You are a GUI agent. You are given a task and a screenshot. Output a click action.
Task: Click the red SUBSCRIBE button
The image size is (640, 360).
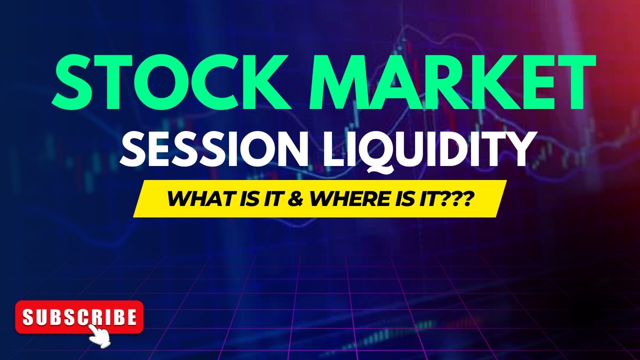[79, 316]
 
